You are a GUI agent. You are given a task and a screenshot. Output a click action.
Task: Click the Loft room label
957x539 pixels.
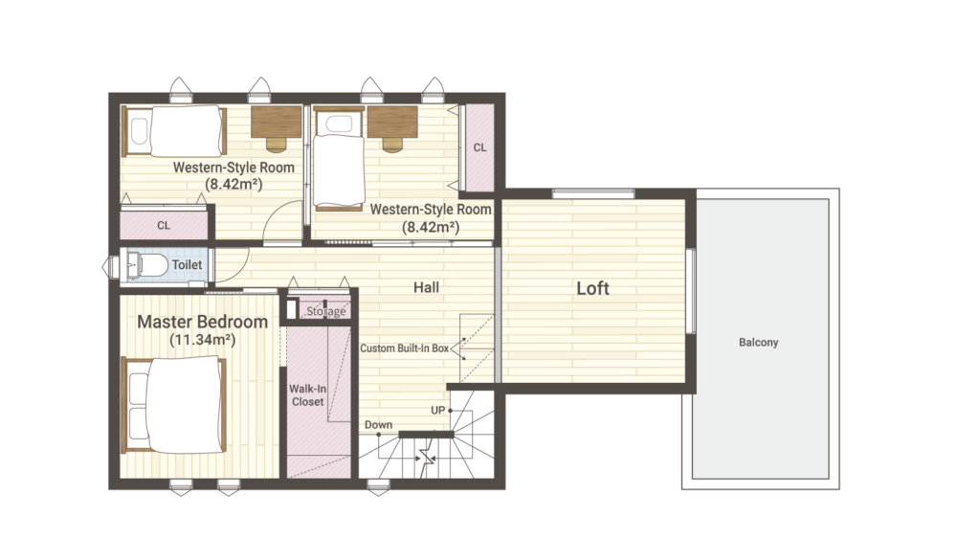point(592,288)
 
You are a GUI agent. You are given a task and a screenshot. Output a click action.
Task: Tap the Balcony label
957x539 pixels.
point(758,343)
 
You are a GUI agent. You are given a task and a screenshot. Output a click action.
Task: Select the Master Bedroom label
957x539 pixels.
point(202,322)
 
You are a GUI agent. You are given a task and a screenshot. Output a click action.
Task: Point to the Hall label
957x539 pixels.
point(426,287)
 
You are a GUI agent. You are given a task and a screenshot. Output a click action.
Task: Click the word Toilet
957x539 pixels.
point(187,265)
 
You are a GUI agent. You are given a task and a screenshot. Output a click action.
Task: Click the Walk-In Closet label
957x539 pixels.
point(307,395)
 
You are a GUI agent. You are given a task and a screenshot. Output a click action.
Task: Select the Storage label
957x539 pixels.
point(326,311)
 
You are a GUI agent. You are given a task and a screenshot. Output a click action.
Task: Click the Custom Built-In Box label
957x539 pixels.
point(404,348)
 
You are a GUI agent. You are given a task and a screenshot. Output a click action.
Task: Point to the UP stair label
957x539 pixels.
point(437,410)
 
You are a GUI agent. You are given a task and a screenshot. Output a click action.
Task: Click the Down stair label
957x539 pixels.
point(378,424)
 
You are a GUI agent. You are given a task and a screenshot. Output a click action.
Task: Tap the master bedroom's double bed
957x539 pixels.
point(174,405)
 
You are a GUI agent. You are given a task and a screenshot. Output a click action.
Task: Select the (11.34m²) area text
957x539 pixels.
point(202,340)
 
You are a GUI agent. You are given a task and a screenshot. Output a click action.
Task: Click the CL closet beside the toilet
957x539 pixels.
point(164,225)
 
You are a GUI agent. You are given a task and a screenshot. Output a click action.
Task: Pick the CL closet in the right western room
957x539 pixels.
point(479,147)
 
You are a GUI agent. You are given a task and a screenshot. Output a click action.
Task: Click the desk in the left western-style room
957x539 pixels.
point(277,123)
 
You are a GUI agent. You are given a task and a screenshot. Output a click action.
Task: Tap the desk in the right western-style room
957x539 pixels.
point(392,123)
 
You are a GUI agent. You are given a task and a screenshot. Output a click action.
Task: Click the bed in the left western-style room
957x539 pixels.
point(174,131)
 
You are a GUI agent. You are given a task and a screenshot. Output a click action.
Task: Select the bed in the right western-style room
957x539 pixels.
point(339,159)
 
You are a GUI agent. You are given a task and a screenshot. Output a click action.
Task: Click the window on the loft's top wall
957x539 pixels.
point(593,193)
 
